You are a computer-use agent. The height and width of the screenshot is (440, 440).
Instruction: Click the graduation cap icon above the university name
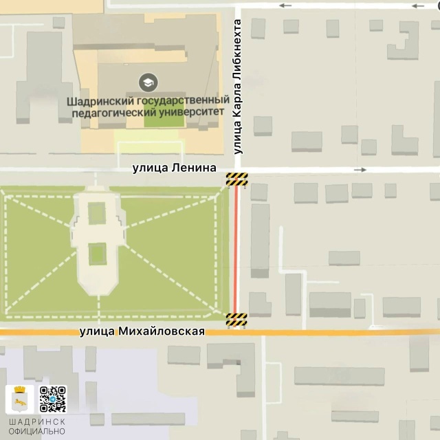(146, 83)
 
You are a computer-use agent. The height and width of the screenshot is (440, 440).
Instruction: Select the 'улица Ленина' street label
(175, 168)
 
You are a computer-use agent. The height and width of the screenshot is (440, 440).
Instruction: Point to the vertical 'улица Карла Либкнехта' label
(239, 87)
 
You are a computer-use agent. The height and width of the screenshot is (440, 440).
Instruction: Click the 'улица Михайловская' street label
(142, 331)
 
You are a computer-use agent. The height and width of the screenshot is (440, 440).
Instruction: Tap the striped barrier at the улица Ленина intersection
(236, 180)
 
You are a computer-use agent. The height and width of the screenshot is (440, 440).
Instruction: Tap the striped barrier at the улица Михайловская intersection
(236, 319)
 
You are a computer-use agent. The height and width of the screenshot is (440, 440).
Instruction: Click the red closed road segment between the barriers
(236, 251)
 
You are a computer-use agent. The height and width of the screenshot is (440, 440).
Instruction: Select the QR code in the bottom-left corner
(52, 399)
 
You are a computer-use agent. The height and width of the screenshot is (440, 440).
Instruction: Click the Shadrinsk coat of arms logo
(20, 399)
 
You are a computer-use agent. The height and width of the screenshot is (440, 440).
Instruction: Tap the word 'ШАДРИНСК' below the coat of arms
(38, 421)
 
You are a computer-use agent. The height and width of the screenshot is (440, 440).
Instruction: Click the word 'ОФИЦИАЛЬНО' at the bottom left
(38, 432)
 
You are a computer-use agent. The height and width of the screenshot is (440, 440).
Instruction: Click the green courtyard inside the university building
(164, 118)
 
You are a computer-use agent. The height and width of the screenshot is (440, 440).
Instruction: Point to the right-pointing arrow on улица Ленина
(360, 169)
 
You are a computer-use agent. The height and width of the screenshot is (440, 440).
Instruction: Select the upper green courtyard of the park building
(98, 215)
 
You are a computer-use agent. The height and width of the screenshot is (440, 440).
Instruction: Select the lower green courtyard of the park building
(98, 254)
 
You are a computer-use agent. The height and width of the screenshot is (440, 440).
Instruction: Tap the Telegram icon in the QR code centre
(52, 399)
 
